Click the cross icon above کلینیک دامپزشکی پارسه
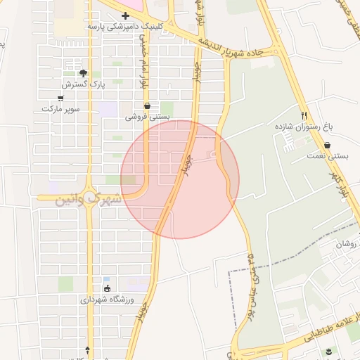coord(125,15)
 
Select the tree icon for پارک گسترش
coord(83,73)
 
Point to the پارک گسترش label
coord(82,84)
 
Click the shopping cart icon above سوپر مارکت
coord(60,98)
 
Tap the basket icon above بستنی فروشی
coord(146,106)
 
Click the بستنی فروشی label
coord(146,117)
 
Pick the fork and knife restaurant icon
coord(304,115)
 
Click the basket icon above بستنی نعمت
coord(328,145)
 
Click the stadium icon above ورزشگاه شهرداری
coord(107,288)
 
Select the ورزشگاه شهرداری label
coord(107,299)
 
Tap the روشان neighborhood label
coord(347,244)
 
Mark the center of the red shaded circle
coord(180,179)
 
